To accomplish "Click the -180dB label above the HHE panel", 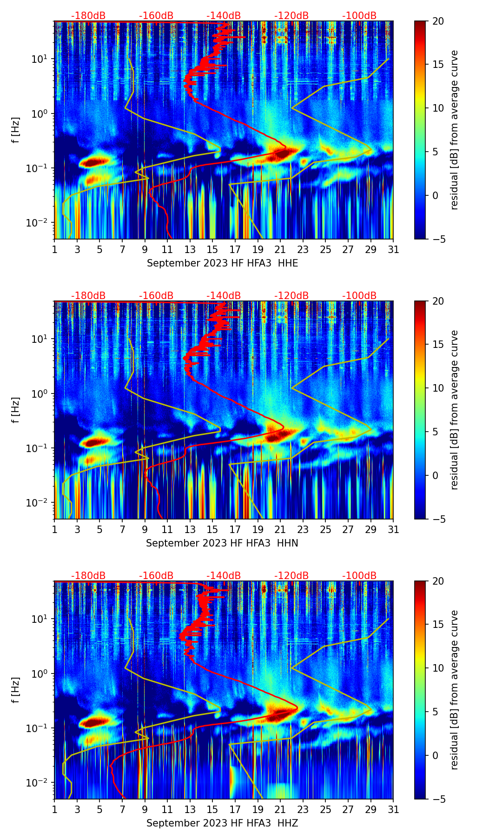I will coord(88,16).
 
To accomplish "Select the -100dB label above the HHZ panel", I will coord(359,576).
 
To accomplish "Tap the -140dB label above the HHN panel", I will coord(224,296).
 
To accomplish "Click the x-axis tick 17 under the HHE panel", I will coord(235,249).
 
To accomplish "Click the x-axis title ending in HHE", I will coord(222,263).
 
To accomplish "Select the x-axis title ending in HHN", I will coord(222,543).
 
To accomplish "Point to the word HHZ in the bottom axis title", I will coord(288,823).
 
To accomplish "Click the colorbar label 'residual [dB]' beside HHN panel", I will coord(454,410).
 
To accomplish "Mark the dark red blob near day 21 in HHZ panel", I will coord(278,714).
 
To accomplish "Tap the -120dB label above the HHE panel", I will coord(291,16).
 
